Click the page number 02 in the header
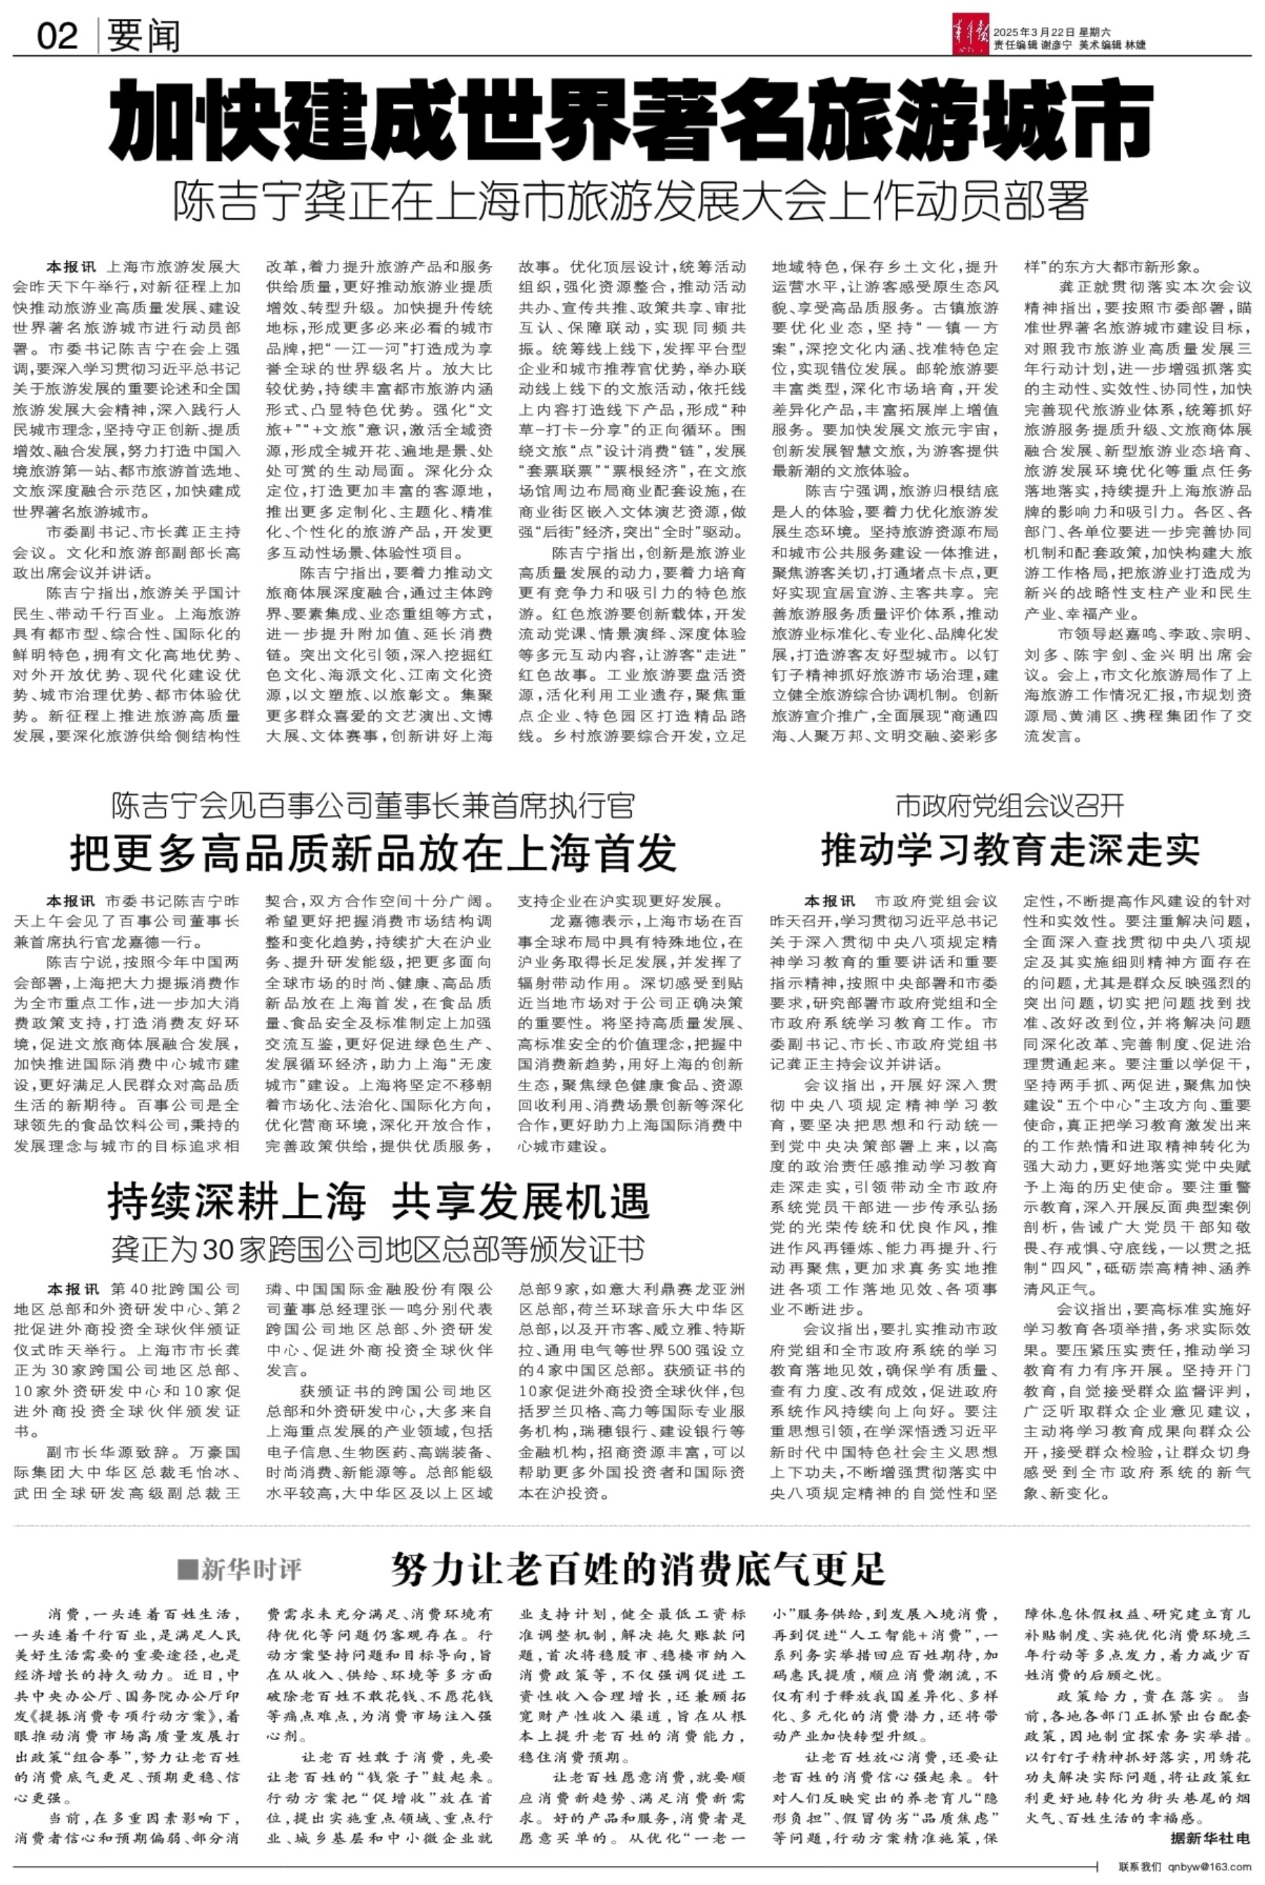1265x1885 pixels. (x=58, y=35)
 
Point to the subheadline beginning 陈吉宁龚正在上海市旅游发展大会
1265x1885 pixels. (x=631, y=202)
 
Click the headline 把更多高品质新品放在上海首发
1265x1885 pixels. (x=374, y=852)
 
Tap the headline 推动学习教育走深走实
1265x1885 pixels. (x=1010, y=848)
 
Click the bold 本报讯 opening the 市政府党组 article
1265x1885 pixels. (x=829, y=901)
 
